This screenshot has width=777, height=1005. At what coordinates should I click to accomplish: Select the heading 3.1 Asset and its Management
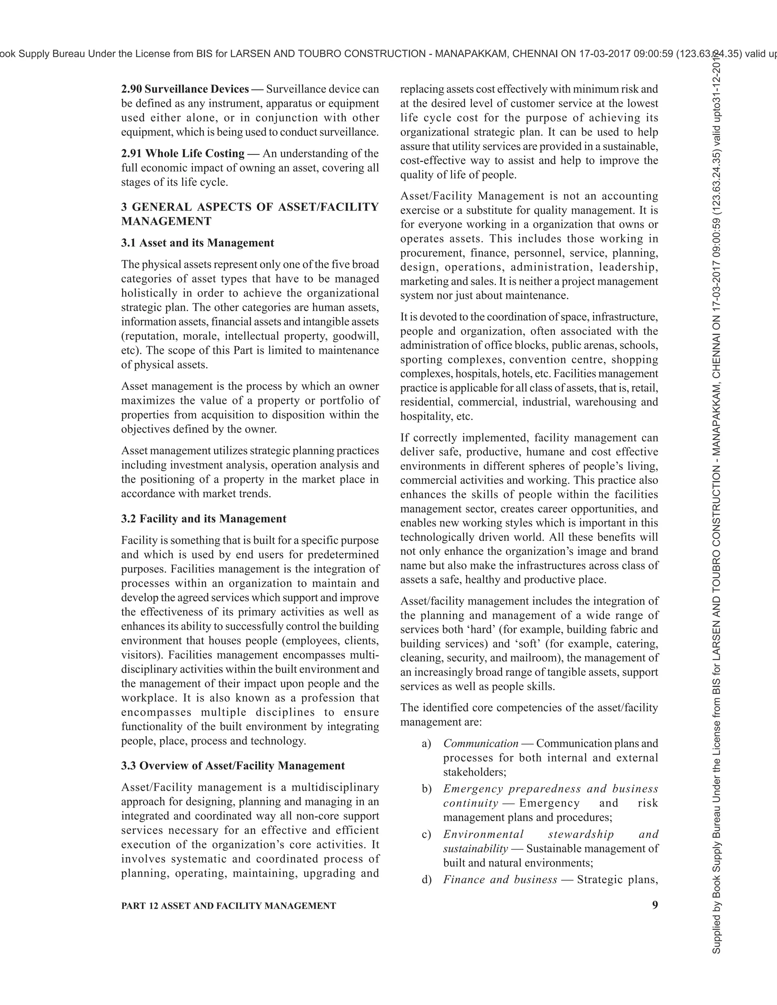tap(197, 243)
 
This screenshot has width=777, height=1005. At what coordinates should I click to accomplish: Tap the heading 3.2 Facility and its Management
tap(203, 518)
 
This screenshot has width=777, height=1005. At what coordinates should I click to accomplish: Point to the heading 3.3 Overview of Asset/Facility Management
tap(233, 766)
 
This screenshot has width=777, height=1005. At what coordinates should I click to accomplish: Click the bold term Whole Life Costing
tap(195, 153)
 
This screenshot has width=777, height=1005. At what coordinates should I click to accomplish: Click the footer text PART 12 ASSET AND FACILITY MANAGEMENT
tap(228, 906)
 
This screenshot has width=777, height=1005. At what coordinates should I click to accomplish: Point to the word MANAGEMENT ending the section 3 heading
tap(166, 221)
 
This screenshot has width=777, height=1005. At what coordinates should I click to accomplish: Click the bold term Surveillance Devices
tap(197, 89)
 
